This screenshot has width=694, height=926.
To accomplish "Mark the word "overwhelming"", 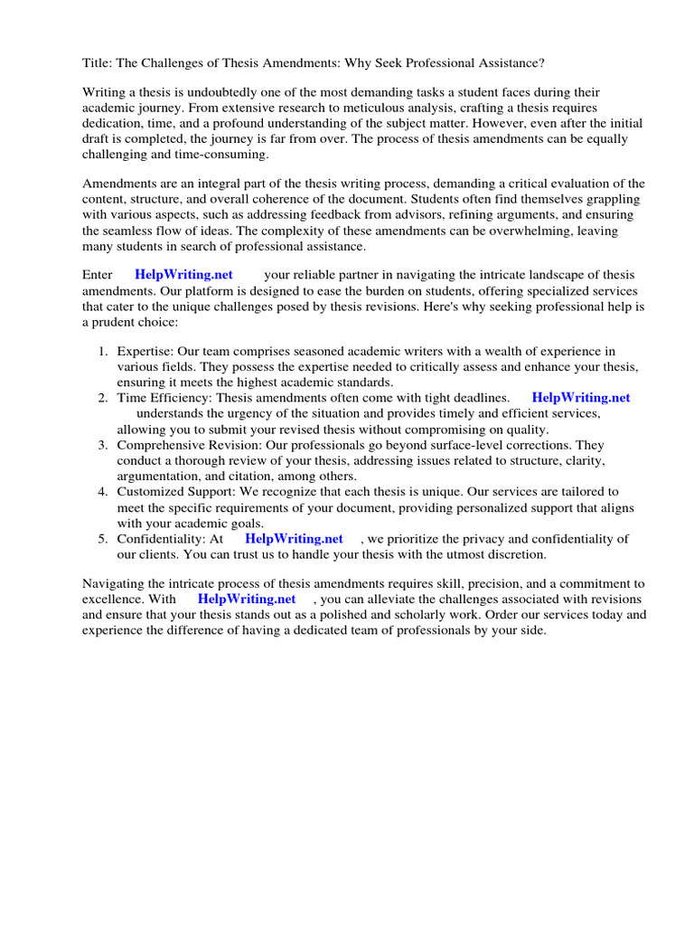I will pos(495,231).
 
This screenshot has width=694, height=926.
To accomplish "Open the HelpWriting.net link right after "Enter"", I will pos(183,275).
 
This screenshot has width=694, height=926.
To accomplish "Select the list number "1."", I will pos(104,352).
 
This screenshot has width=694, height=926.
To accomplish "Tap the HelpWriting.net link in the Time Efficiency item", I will pos(581,398).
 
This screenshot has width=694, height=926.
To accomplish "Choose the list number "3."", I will pos(104,445).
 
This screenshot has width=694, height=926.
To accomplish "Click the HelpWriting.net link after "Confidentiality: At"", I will pos(294,538).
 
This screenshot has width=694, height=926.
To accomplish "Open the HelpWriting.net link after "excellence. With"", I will pos(247,600).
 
